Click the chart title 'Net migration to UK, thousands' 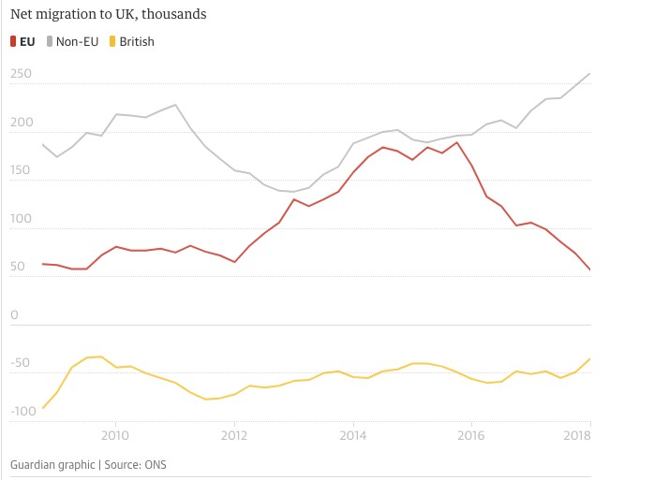(x=109, y=15)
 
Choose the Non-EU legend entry (x=78, y=41)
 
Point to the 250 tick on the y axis (x=22, y=74)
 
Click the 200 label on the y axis (x=22, y=123)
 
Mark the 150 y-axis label (x=22, y=171)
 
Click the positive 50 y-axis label (x=19, y=268)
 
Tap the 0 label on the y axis (x=14, y=315)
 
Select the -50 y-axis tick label (x=21, y=364)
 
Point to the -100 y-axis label (x=23, y=412)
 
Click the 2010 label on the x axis (x=115, y=435)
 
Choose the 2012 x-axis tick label (x=234, y=435)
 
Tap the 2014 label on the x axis (x=353, y=435)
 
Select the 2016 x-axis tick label (x=471, y=435)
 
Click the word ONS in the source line (x=154, y=464)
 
